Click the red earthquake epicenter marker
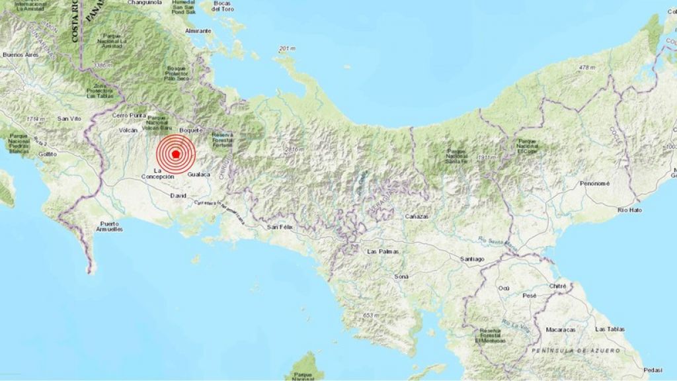click(x=176, y=154)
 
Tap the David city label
click(x=178, y=196)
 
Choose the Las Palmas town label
click(x=381, y=252)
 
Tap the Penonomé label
click(x=594, y=183)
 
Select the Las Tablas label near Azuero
click(x=609, y=329)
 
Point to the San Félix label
click(x=280, y=227)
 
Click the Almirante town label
click(x=198, y=31)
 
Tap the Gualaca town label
click(x=198, y=175)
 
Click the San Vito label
click(x=68, y=118)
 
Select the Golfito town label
click(x=48, y=153)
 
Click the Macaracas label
click(x=561, y=329)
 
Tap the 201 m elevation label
click(x=286, y=49)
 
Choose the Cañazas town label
click(x=417, y=216)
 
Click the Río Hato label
click(x=631, y=210)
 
